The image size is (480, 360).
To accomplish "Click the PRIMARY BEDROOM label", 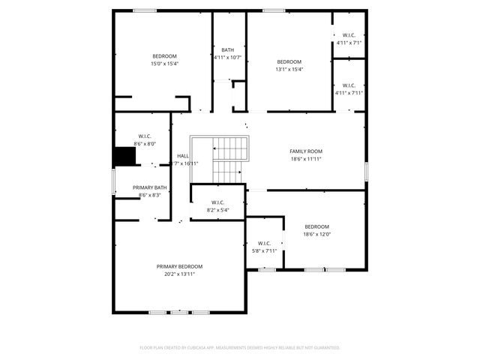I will click(179, 266).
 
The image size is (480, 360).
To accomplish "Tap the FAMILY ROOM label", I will click(306, 151).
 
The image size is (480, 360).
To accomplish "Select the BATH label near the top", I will click(227, 50).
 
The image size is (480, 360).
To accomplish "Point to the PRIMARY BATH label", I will click(150, 187).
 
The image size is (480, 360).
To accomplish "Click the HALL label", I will click(183, 156).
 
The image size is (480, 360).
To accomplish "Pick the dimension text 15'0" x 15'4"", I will click(165, 64).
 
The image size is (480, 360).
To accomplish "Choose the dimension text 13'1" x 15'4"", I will click(289, 69).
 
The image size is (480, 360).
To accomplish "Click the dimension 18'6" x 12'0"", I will click(316, 234).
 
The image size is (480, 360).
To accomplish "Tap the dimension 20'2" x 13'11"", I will click(179, 274).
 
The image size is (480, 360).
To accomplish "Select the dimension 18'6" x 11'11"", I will click(306, 159).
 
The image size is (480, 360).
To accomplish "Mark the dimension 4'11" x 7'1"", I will click(349, 43).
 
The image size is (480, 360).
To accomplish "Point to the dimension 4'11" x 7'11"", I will click(349, 93).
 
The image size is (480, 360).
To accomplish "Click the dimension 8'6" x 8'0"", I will click(144, 143).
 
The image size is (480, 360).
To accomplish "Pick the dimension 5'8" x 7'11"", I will click(264, 250).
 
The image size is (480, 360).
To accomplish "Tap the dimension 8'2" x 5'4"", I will click(217, 209).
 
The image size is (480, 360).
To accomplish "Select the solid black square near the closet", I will click(124, 156).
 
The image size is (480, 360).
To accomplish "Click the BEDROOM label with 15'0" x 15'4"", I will click(165, 56).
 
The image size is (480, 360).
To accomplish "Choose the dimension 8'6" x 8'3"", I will click(150, 195).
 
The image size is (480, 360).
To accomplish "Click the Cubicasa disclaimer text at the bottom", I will click(240, 347).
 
